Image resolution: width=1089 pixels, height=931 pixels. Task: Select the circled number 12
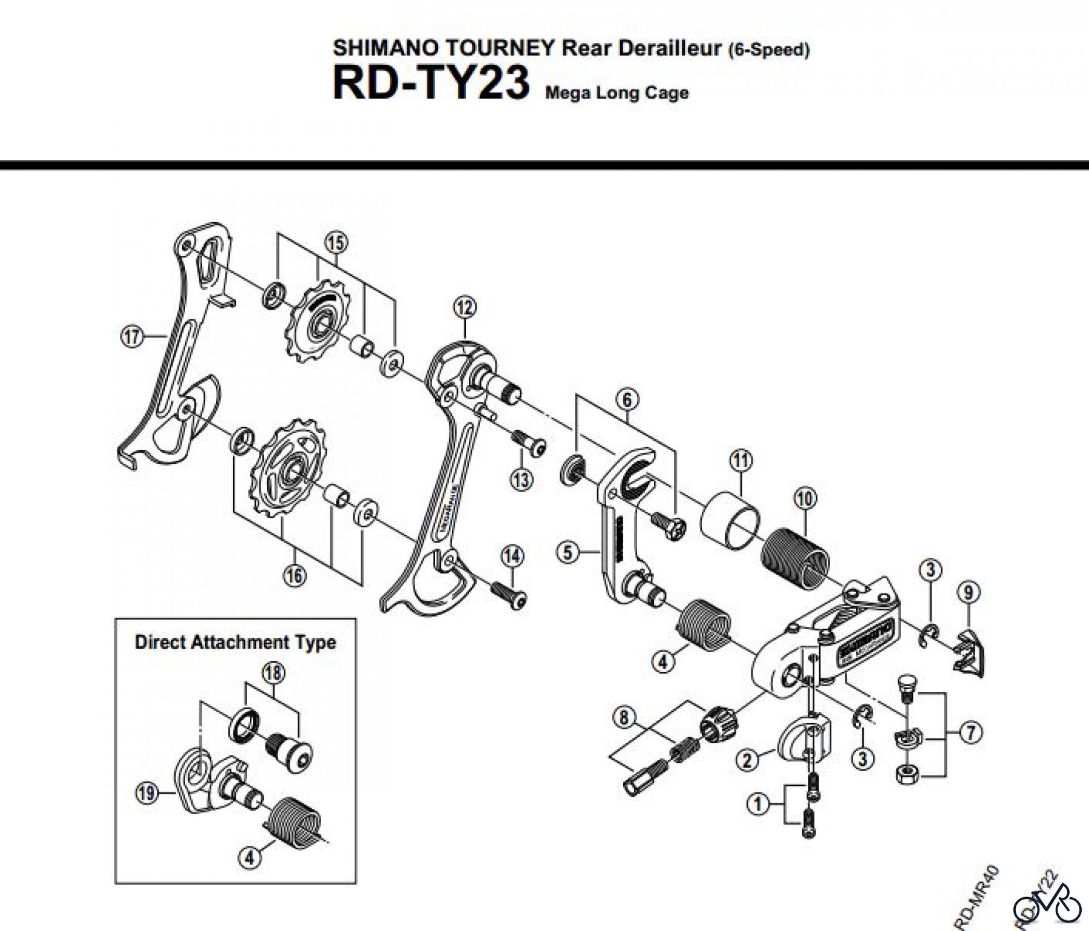pos(464,307)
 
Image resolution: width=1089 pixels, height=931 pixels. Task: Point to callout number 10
pos(805,498)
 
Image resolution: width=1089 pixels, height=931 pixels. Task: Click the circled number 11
pos(741,461)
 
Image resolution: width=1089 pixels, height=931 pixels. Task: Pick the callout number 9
pos(969,593)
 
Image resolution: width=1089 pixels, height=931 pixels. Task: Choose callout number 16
pos(295,575)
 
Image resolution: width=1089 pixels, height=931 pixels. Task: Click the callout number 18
pos(273,673)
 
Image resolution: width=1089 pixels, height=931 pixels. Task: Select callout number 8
pos(624,718)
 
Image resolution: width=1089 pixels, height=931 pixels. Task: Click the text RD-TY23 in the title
pos(431,84)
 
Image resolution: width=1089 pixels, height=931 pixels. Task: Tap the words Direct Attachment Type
pos(235,642)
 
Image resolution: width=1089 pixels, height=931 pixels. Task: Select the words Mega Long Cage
pos(616,93)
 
